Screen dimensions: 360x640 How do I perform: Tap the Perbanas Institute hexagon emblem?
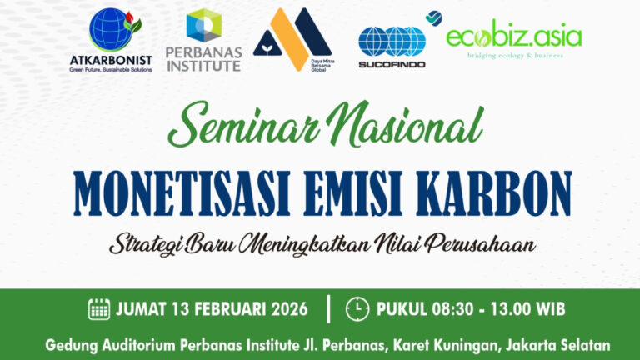[x=203, y=27]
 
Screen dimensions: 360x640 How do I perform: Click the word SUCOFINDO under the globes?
[x=392, y=64]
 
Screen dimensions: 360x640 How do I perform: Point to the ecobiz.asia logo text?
[x=513, y=37]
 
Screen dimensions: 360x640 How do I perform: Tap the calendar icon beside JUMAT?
[x=99, y=308]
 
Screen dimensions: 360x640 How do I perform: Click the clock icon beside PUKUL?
[x=357, y=308]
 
